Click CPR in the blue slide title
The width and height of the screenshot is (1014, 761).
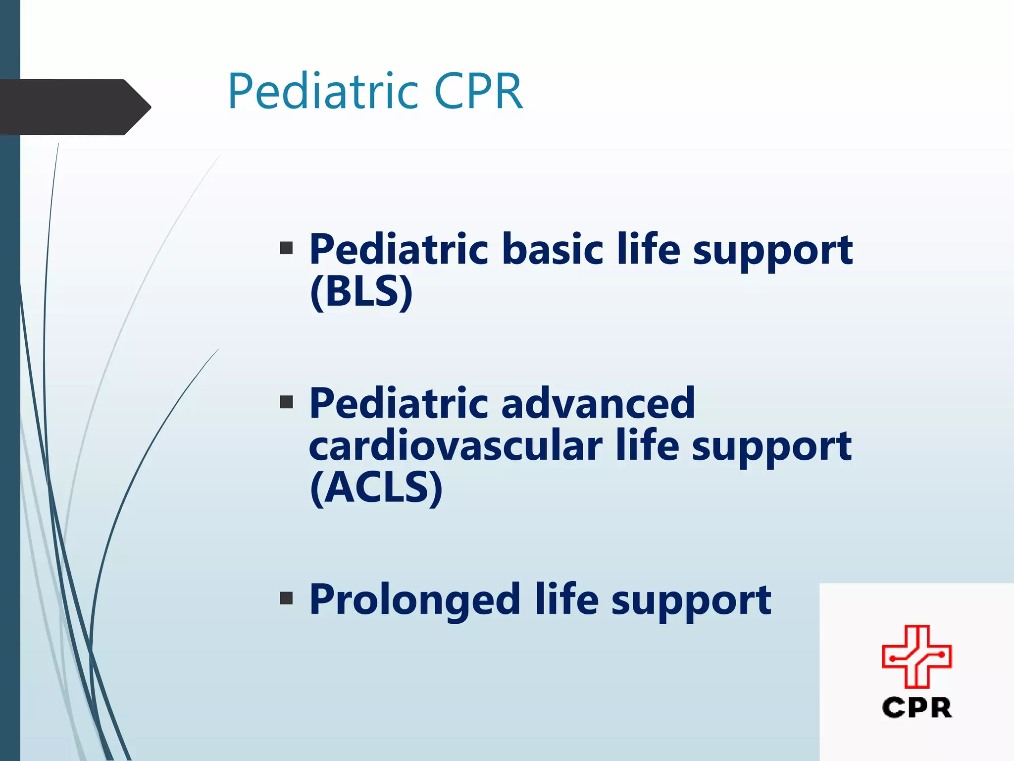point(478,92)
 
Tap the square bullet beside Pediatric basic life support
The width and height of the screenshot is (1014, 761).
point(286,248)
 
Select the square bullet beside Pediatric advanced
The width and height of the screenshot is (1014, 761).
point(286,401)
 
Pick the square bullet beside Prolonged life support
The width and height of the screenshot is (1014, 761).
point(286,598)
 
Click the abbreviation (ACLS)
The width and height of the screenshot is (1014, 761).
point(376,488)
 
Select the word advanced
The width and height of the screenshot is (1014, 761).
point(598,403)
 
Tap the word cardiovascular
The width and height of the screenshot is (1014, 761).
point(455,445)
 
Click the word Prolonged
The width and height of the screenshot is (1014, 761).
point(414,600)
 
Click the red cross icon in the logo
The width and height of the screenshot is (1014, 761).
point(916,656)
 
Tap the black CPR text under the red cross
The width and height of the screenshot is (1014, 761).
point(916,707)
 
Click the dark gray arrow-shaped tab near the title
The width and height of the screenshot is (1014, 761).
point(74,107)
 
